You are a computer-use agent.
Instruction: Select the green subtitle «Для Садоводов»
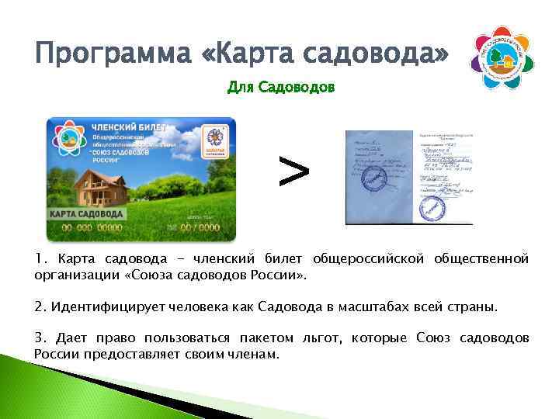[280, 88]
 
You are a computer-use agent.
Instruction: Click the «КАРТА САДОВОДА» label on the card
[86, 213]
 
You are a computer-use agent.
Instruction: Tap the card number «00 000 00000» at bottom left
[92, 227]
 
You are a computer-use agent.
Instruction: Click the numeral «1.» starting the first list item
[40, 258]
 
